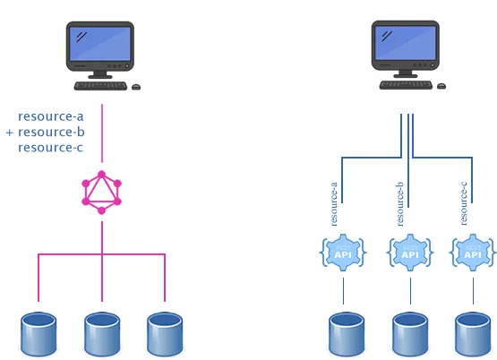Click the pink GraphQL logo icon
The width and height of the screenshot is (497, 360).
[x=102, y=192]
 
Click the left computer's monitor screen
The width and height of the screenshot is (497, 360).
[x=101, y=46]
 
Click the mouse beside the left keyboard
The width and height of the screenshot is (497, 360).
[x=136, y=87]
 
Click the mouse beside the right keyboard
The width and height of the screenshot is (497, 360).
[x=441, y=86]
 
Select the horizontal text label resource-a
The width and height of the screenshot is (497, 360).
[x=51, y=116]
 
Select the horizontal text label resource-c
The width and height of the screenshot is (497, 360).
[x=51, y=147]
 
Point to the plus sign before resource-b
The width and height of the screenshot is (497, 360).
[x=10, y=133]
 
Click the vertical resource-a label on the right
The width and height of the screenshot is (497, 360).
[x=334, y=203]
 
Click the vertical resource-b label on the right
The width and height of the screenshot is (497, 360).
[x=399, y=203]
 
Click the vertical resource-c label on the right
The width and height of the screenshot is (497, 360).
[x=464, y=203]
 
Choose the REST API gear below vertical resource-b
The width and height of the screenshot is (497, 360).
[x=409, y=253]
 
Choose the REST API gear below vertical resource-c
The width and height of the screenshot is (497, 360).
[x=474, y=253]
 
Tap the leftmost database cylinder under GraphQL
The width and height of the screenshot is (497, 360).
[x=38, y=333]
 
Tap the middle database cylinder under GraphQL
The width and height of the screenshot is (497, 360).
[x=102, y=333]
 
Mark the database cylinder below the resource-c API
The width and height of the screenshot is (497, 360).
[x=474, y=333]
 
